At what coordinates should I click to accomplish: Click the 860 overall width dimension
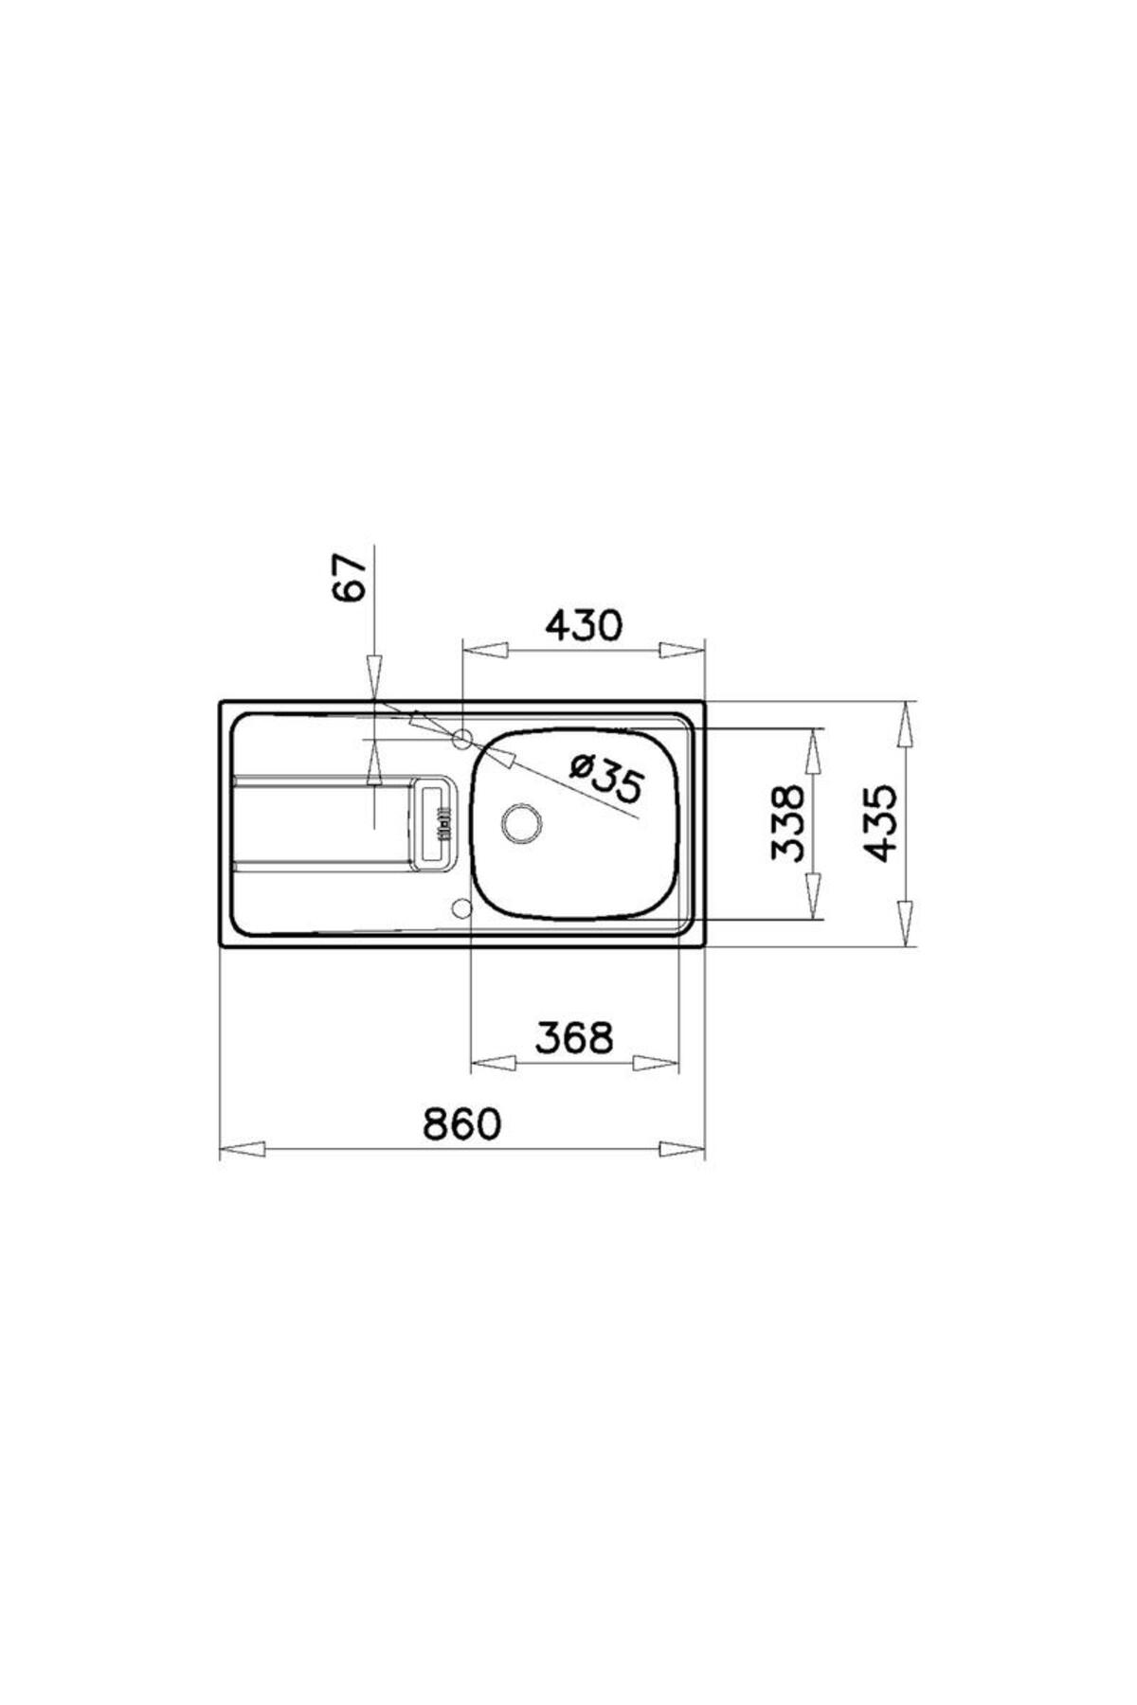(460, 1124)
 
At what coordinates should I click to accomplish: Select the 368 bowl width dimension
(574, 1038)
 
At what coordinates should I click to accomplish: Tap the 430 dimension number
(584, 626)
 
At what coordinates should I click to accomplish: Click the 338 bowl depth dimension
(788, 821)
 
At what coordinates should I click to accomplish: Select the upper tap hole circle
(463, 740)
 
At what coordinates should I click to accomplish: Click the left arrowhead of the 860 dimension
(241, 1149)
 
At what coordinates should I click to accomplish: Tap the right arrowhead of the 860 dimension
(683, 1149)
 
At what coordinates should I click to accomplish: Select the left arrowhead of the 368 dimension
(493, 1063)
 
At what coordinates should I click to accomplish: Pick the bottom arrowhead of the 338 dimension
(813, 897)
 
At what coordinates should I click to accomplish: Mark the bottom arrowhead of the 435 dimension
(907, 924)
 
